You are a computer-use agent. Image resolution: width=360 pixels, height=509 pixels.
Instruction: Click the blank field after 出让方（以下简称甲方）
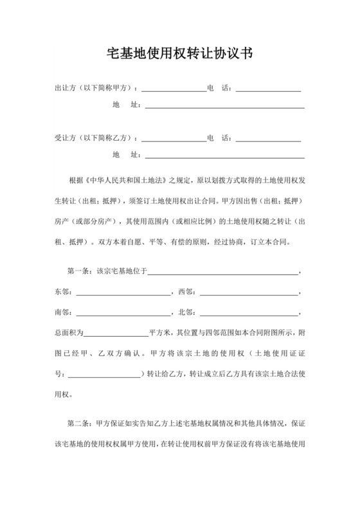[x=174, y=89]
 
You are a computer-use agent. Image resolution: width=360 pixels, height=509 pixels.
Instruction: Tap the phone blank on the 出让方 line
[x=269, y=89]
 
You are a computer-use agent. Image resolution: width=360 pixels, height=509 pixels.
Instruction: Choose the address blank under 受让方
[x=224, y=155]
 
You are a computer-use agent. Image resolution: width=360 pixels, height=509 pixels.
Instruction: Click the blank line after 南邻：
[x=122, y=314]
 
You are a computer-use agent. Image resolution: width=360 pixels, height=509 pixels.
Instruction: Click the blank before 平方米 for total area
[x=116, y=334]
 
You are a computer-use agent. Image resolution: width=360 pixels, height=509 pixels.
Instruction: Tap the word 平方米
[x=159, y=334]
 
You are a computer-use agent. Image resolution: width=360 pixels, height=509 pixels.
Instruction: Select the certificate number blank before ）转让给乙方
[x=103, y=375]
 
